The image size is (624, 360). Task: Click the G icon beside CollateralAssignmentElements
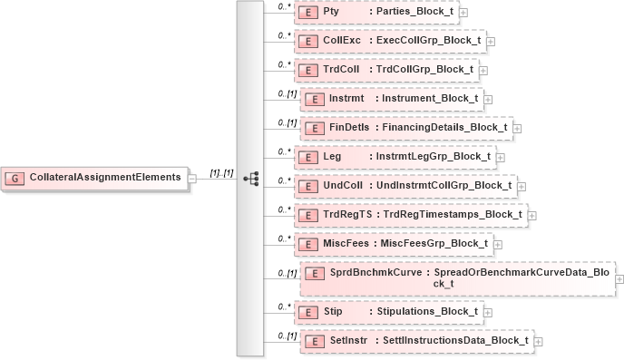(x=16, y=177)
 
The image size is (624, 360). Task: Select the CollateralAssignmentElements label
(x=104, y=177)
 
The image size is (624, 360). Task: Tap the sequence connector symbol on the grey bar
(x=250, y=178)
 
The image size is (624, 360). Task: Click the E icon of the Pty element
(x=307, y=13)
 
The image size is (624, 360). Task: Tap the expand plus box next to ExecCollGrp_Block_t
(x=491, y=42)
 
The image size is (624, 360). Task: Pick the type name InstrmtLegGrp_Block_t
(x=434, y=157)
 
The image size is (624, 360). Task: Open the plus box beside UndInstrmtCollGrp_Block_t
(x=521, y=186)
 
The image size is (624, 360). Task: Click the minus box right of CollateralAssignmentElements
(x=192, y=178)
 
